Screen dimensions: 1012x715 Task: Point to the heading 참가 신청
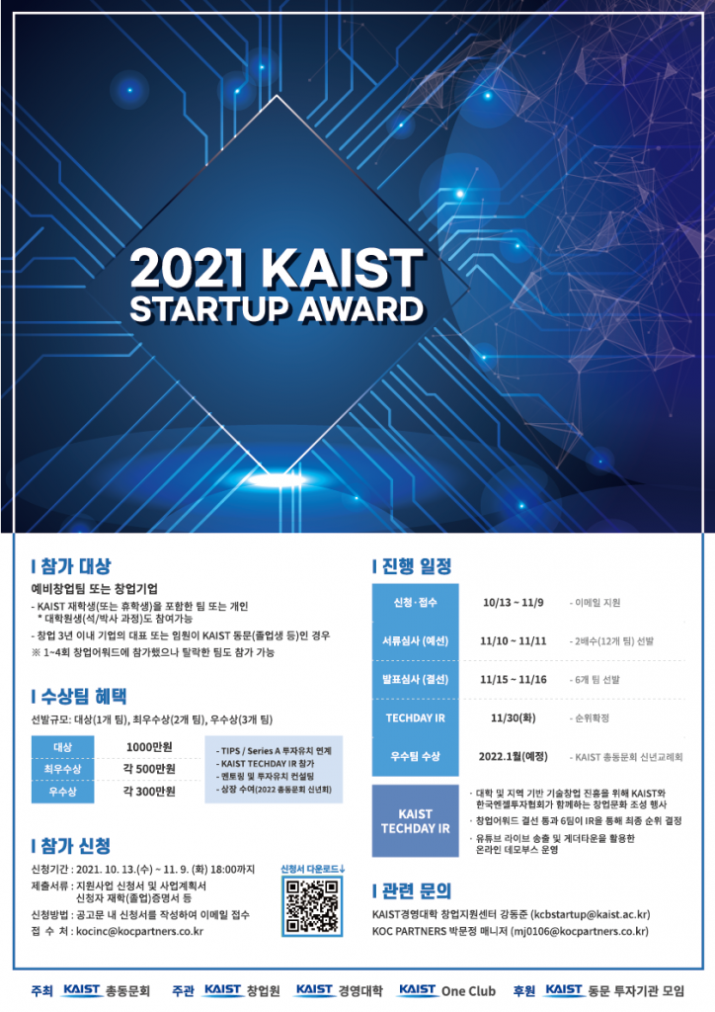point(74,846)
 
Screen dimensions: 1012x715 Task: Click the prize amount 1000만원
point(150,746)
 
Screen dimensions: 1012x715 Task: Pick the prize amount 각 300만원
point(150,792)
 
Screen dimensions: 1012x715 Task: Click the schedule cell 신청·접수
point(416,602)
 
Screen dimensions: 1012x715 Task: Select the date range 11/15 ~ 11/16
point(514,679)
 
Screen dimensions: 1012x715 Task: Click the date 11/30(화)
point(513,717)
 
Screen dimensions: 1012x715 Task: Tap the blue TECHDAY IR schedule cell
point(416,717)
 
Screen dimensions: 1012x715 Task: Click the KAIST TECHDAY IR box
point(416,821)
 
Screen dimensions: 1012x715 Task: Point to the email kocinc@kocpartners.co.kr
point(139,931)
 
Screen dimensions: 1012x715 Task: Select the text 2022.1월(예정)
point(514,756)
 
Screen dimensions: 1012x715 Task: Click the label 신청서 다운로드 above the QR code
point(313,868)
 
